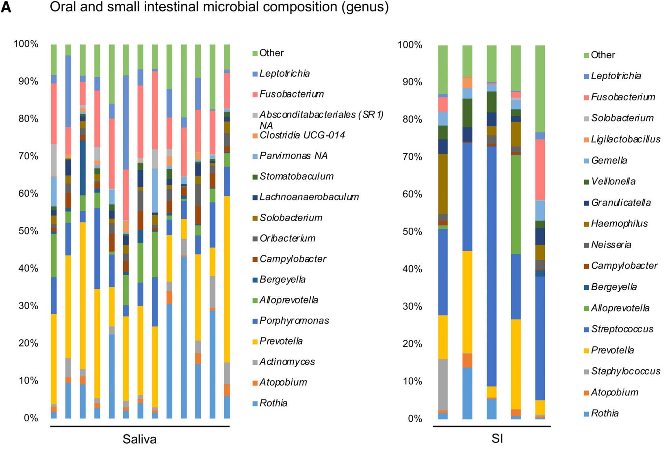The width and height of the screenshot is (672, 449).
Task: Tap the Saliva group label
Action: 139,439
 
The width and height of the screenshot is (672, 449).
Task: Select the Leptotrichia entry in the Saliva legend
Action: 284,74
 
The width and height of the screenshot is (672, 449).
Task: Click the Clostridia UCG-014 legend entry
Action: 302,135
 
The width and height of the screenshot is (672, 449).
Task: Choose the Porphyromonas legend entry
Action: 294,321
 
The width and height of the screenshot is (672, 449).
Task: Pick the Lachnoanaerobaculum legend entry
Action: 309,197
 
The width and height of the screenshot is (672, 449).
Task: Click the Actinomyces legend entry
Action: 287,362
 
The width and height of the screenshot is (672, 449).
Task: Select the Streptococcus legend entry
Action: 622,329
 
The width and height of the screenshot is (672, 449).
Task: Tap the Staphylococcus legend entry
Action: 625,371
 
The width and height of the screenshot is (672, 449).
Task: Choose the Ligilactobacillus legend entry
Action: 625,139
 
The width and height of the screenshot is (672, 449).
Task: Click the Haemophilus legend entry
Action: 619,223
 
